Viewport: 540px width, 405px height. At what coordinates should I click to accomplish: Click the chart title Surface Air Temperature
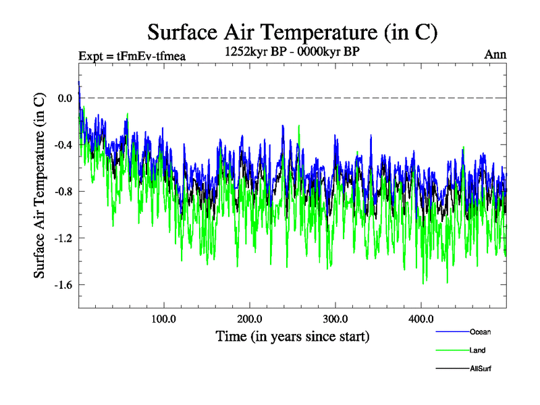click(x=292, y=31)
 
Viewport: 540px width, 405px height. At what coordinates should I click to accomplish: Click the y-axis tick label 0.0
click(x=65, y=98)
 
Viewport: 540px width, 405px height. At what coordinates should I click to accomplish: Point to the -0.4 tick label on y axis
click(x=63, y=145)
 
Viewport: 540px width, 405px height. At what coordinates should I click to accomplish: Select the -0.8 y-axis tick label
click(x=63, y=192)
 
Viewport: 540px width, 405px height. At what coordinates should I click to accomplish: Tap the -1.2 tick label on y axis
click(x=63, y=238)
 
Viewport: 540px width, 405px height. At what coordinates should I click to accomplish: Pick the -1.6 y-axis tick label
click(x=63, y=285)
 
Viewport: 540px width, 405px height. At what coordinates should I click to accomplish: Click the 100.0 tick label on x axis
click(x=163, y=319)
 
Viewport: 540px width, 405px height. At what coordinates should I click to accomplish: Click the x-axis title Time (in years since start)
click(x=292, y=336)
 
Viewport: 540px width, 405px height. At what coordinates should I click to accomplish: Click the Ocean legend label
click(x=480, y=332)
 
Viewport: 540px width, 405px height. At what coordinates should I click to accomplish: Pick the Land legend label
click(x=477, y=350)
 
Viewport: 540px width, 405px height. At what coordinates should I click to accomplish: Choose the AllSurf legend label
click(x=480, y=369)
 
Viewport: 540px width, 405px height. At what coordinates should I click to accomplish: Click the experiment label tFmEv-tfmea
click(x=132, y=56)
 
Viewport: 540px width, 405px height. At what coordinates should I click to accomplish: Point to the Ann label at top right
click(x=495, y=55)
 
